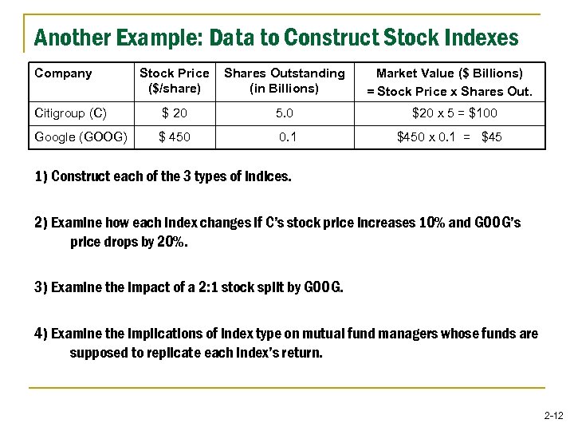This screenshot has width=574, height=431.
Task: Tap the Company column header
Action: [x=64, y=73]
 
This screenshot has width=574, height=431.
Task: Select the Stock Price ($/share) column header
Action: [x=175, y=81]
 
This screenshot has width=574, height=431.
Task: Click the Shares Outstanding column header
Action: [x=285, y=81]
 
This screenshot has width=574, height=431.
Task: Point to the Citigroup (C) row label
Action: [x=71, y=113]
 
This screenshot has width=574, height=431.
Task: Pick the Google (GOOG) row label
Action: [x=81, y=136]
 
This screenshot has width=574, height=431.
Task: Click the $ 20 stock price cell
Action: [x=175, y=113]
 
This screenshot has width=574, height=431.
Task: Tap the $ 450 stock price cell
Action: [x=175, y=136]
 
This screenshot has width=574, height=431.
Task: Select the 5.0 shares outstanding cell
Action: [x=285, y=113]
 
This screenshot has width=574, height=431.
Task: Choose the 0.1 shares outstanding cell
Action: [x=288, y=136]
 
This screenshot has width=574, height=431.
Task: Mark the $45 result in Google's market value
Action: [x=492, y=136]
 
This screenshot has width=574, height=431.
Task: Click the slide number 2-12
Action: [x=553, y=415]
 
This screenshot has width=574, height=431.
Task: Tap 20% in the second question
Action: [x=172, y=242]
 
